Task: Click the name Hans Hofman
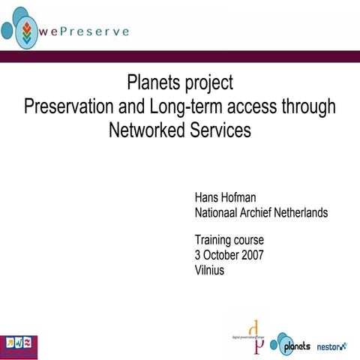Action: click(225, 199)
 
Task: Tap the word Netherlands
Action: click(301, 213)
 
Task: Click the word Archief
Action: click(259, 213)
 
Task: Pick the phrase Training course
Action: click(229, 241)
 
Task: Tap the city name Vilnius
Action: click(209, 269)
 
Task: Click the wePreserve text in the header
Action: click(84, 32)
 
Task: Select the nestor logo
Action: click(331, 346)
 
